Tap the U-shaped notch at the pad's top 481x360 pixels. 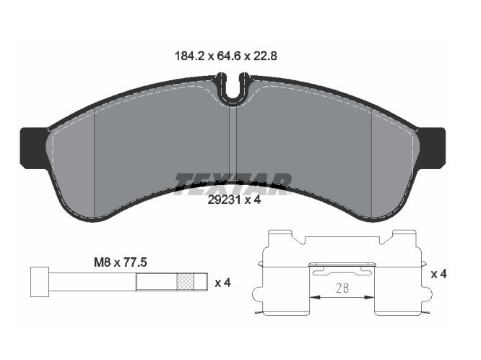pos(232,91)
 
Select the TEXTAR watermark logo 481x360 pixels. pos(233,181)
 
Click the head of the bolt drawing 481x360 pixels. pos(39,281)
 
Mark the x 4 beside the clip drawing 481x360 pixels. pos(438,274)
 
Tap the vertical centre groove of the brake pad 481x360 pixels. pos(233,145)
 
